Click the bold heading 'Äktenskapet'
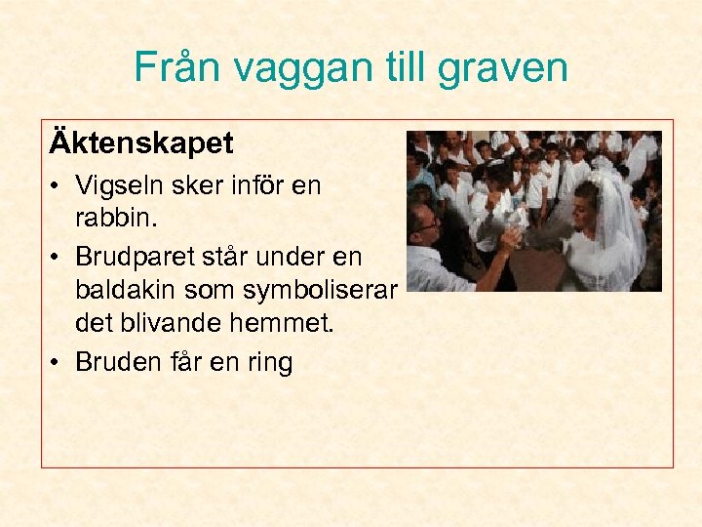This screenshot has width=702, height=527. [x=141, y=144]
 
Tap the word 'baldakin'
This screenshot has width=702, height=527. [x=123, y=292]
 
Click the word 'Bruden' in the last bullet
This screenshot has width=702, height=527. [x=117, y=362]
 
